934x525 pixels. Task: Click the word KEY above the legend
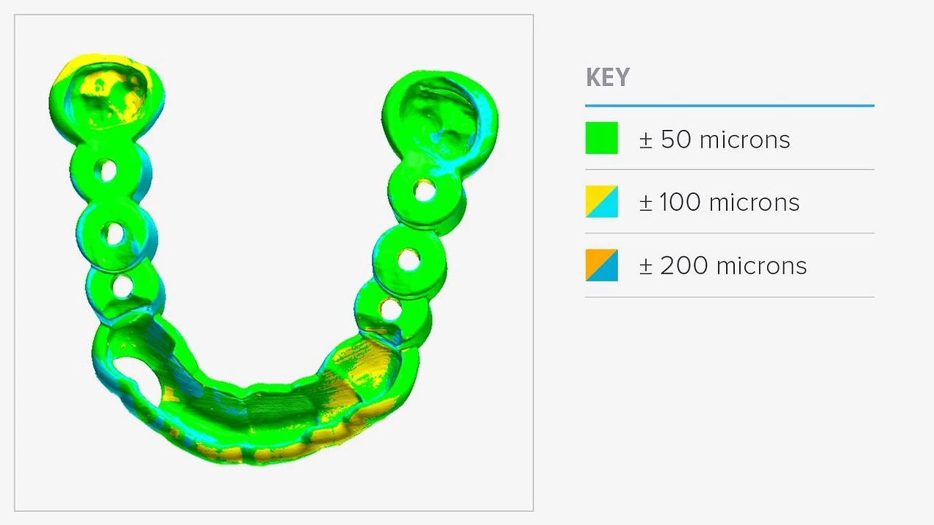click(x=608, y=77)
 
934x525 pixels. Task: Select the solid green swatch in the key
click(x=602, y=138)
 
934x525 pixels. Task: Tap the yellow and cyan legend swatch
click(x=602, y=202)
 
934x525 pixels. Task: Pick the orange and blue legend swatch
click(x=602, y=265)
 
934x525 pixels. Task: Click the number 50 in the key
click(x=676, y=139)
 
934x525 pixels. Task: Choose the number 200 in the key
click(x=684, y=266)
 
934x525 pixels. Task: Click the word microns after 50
click(x=744, y=140)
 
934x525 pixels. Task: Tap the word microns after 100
click(x=754, y=203)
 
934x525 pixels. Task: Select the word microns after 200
click(x=762, y=267)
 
